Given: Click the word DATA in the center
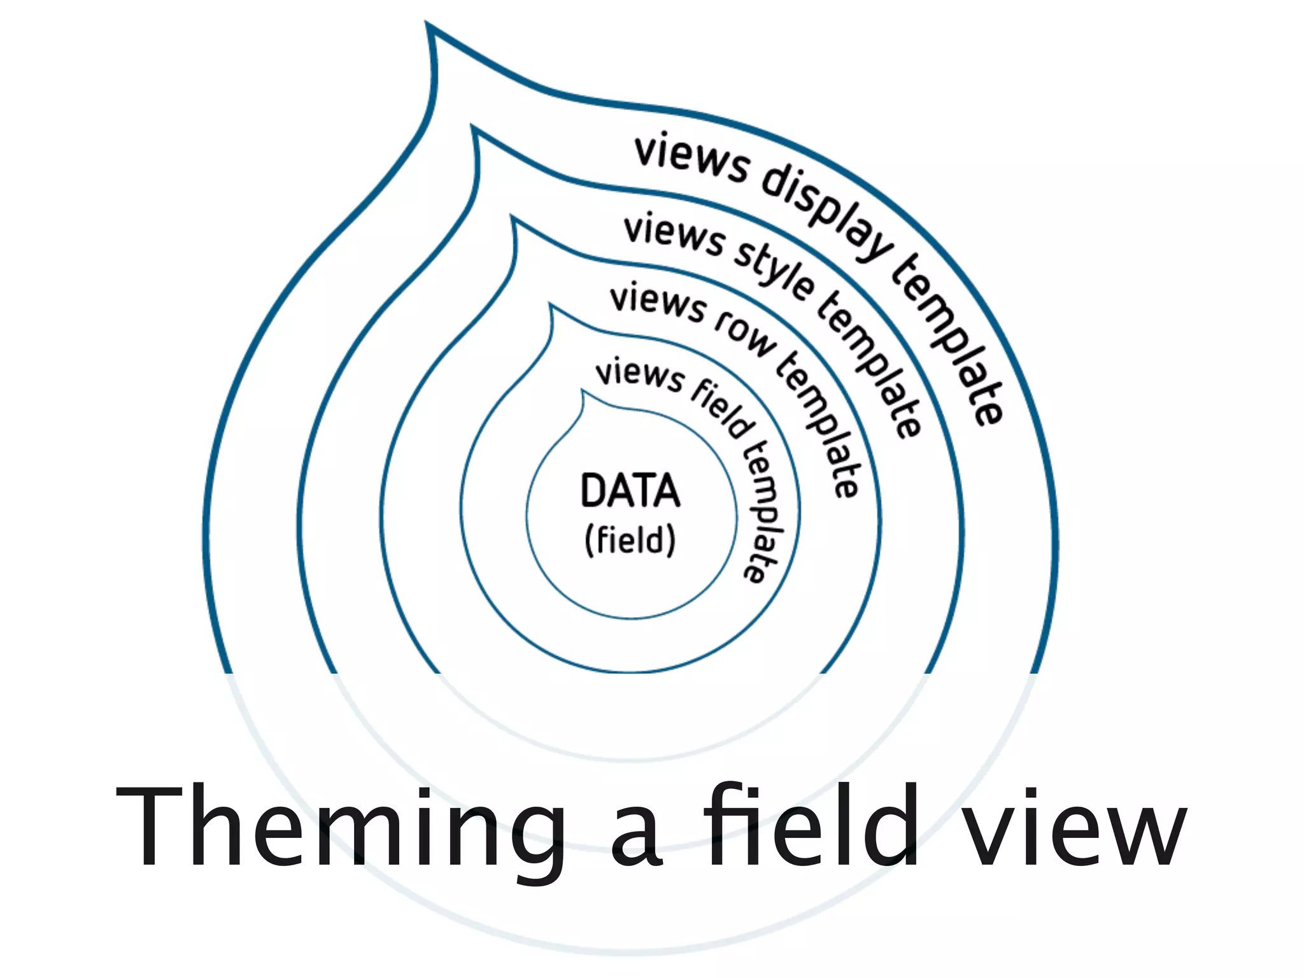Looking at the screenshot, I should [x=630, y=491].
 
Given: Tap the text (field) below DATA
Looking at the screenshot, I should [x=630, y=541].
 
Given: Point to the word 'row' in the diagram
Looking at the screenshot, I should [x=744, y=333].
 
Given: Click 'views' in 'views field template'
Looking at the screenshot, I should [x=639, y=374].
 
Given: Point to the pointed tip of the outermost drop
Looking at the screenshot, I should [x=428, y=25].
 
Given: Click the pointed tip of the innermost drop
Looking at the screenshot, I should [x=582, y=392].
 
